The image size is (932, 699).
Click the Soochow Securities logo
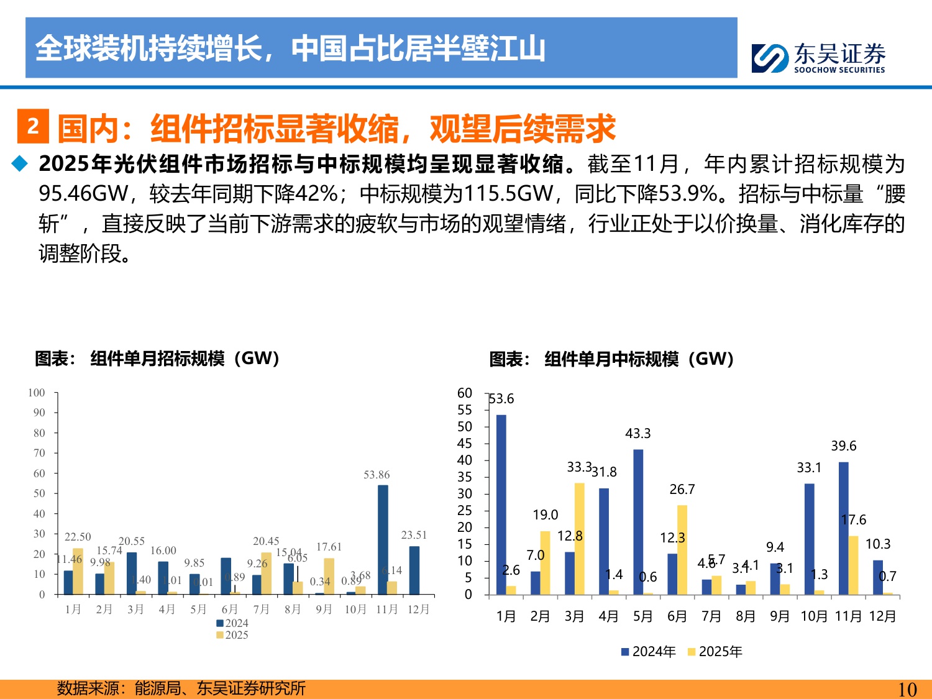[x=818, y=58]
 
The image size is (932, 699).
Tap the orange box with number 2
[x=33, y=126]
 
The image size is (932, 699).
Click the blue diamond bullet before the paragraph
[x=21, y=163]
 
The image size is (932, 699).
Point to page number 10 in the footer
[x=907, y=689]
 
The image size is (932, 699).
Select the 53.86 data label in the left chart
[x=377, y=475]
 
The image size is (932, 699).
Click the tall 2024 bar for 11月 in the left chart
[x=383, y=539]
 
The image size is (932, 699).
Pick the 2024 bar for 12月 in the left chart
[x=414, y=570]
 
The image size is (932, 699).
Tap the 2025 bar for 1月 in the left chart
[x=78, y=571]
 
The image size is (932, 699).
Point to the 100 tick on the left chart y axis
[x=37, y=393]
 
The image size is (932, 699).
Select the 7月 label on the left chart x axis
[x=261, y=610]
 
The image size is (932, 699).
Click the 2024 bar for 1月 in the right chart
[x=501, y=505]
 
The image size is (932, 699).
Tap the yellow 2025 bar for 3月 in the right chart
[x=579, y=539]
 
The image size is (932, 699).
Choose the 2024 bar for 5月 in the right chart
[x=638, y=522]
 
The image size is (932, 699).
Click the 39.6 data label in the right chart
[x=843, y=446]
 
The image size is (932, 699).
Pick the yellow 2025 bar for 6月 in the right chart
[x=682, y=549]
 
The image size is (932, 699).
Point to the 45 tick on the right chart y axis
[x=465, y=444]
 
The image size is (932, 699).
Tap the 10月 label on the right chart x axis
[x=813, y=616]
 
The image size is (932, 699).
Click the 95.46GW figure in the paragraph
[x=83, y=194]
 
